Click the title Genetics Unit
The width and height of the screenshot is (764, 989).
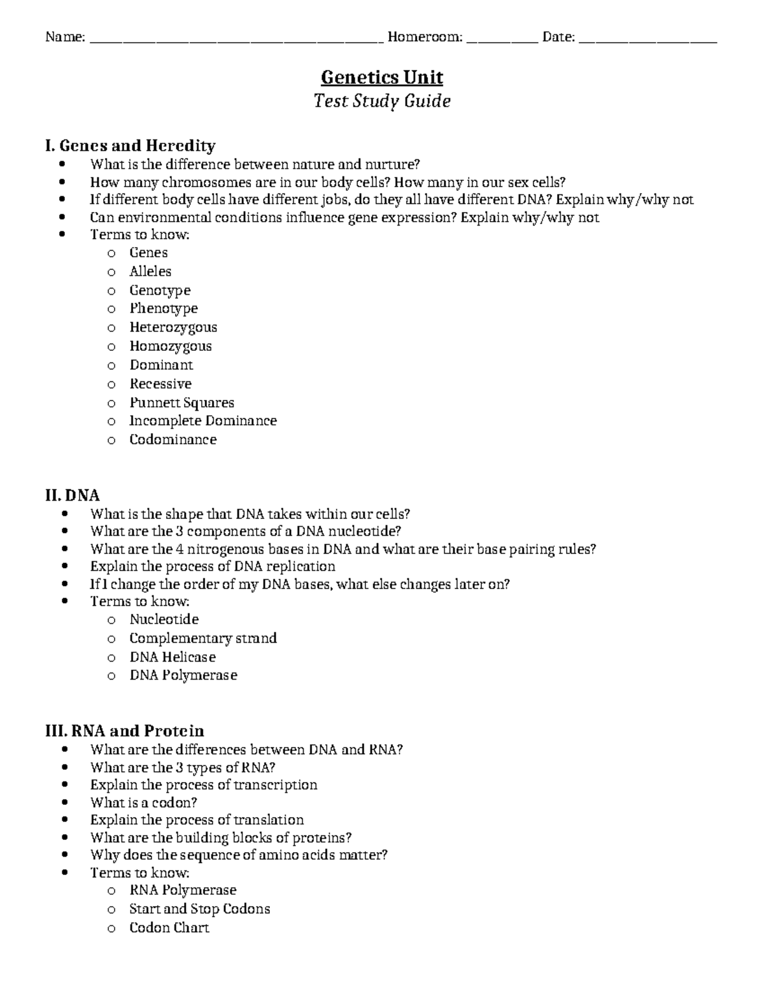382,78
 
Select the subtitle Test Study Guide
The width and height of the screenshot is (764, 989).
382,101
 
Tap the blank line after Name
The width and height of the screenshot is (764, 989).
236,39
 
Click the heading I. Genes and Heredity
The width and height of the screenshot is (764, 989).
130,146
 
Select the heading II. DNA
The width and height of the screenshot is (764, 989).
73,495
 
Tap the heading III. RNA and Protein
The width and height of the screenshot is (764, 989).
125,730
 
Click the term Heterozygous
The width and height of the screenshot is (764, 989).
173,327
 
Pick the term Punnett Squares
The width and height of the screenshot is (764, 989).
181,402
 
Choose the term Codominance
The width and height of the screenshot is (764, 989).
173,439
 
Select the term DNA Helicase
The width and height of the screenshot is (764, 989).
173,657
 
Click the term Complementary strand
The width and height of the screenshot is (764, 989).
203,638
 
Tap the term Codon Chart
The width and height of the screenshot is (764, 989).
169,927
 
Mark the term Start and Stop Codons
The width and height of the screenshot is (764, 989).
199,909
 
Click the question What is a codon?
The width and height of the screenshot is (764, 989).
144,802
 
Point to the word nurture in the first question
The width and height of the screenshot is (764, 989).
393,164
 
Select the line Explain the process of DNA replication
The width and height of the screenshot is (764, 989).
213,566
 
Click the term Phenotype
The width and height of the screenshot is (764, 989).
164,308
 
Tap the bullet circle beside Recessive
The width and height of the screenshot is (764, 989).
111,385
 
